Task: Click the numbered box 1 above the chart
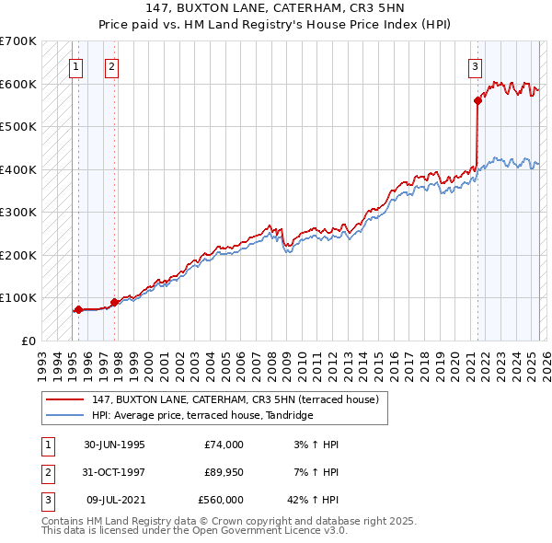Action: tap(75, 65)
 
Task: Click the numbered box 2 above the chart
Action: tap(110, 65)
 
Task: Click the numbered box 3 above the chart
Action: tap(475, 65)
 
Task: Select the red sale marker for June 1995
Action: tap(78, 309)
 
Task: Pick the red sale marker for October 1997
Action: tap(114, 302)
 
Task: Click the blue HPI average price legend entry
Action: tap(202, 416)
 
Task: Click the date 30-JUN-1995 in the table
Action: tap(114, 445)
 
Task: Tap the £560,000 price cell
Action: tap(221, 500)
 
